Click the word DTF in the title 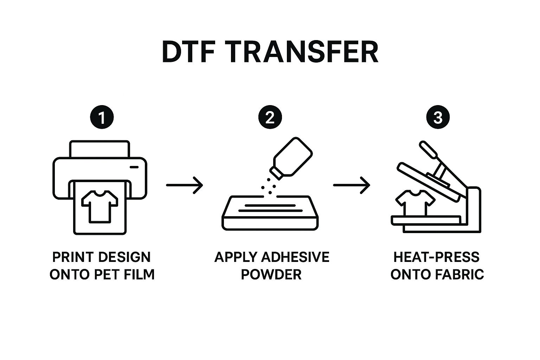[x=188, y=52]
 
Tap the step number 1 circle [x=102, y=117]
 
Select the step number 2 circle [x=270, y=117]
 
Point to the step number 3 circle [x=438, y=117]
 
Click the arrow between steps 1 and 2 [x=185, y=185]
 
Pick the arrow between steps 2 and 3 [x=352, y=185]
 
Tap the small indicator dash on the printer [x=134, y=167]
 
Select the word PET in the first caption [x=107, y=274]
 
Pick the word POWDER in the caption [x=271, y=274]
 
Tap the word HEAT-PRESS [x=436, y=257]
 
